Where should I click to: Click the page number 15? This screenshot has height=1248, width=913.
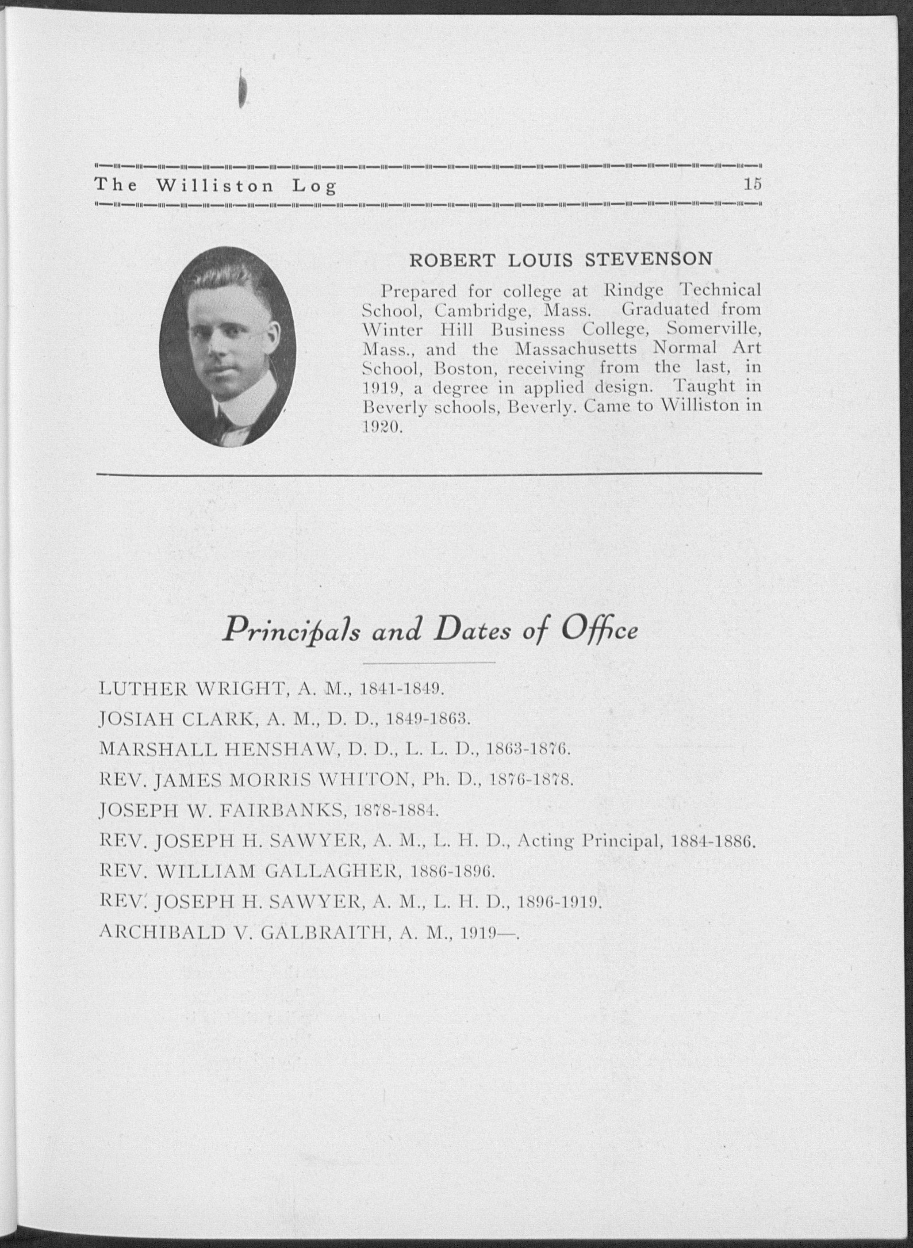753,184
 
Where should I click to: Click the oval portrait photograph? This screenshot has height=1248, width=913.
228,346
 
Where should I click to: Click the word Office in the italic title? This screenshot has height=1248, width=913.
600,630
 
